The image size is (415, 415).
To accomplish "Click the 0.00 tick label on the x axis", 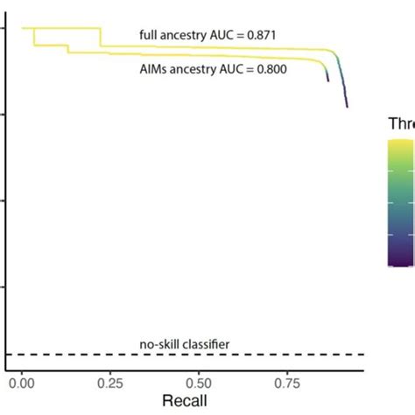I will (22, 383).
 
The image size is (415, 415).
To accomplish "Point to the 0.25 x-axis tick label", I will (110, 383).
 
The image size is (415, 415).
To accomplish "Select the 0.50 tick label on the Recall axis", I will (199, 383).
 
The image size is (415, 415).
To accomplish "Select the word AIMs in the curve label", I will (154, 67).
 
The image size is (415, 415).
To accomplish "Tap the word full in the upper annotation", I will (149, 35).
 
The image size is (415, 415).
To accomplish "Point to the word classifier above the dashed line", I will (205, 344).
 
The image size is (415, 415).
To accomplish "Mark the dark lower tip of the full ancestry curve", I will (347, 105).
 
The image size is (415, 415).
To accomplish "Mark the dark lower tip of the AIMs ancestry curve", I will (327, 80).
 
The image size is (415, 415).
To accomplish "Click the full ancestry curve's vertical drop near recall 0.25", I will (100, 37).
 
